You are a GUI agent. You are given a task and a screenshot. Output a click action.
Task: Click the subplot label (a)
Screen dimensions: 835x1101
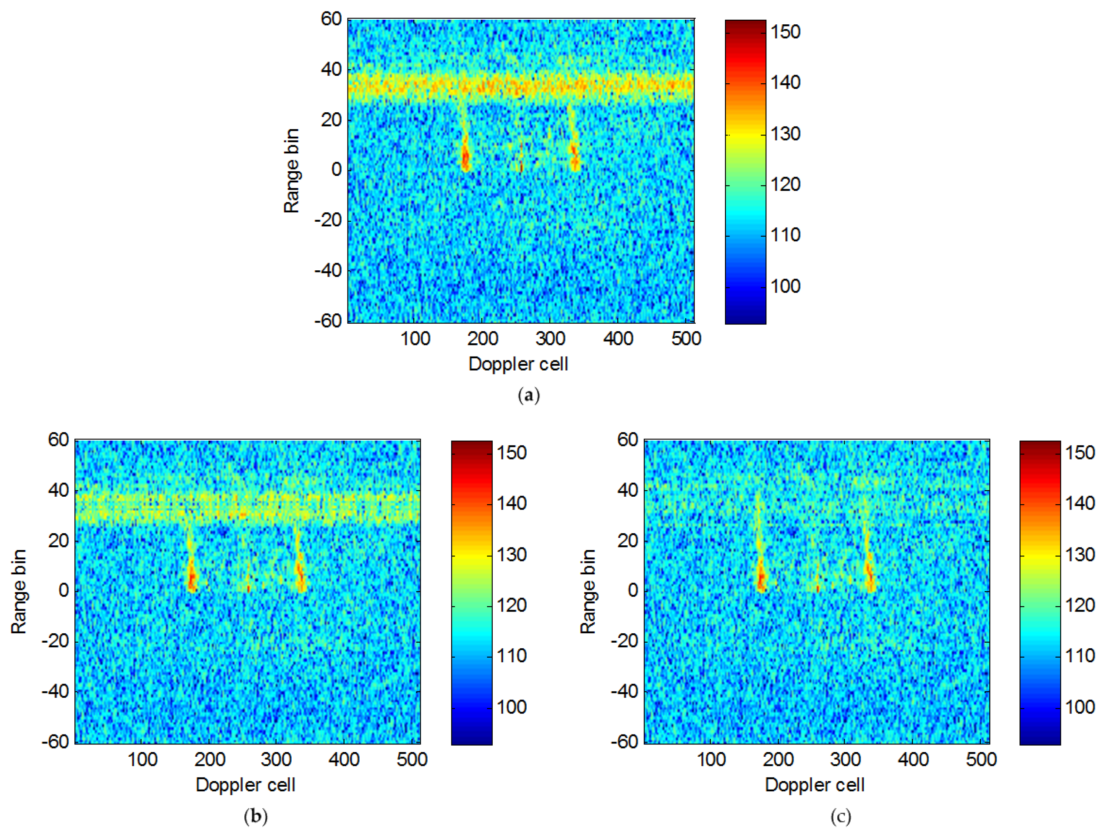pyautogui.click(x=528, y=396)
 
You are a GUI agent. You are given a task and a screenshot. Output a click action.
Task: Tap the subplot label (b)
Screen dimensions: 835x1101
pyautogui.click(x=256, y=816)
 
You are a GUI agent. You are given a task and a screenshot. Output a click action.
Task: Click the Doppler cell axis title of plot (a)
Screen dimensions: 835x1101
pyautogui.click(x=518, y=364)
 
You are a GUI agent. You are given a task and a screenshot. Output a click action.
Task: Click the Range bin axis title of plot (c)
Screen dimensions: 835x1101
pyautogui.click(x=588, y=591)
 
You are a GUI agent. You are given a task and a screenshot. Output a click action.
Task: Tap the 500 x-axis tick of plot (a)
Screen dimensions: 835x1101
pyautogui.click(x=686, y=339)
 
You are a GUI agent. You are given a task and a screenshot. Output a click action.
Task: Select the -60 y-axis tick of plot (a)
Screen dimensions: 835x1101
pyautogui.click(x=328, y=321)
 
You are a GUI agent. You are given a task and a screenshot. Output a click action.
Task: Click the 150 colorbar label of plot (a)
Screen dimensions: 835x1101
pyautogui.click(x=785, y=32)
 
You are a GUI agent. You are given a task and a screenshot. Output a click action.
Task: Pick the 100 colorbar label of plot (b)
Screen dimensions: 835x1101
pyautogui.click(x=512, y=707)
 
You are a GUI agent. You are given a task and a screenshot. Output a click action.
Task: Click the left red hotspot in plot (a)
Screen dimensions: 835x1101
pyautogui.click(x=466, y=158)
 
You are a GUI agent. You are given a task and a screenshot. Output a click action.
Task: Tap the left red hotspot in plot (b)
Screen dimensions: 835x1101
pyautogui.click(x=192, y=577)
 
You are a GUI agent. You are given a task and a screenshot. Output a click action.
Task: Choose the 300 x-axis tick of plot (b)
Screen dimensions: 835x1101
pyautogui.click(x=276, y=760)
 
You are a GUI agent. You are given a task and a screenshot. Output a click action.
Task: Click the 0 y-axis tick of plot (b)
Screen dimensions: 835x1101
pyautogui.click(x=63, y=590)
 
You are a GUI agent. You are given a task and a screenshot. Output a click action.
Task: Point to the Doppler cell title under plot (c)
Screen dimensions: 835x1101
pyautogui.click(x=815, y=785)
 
